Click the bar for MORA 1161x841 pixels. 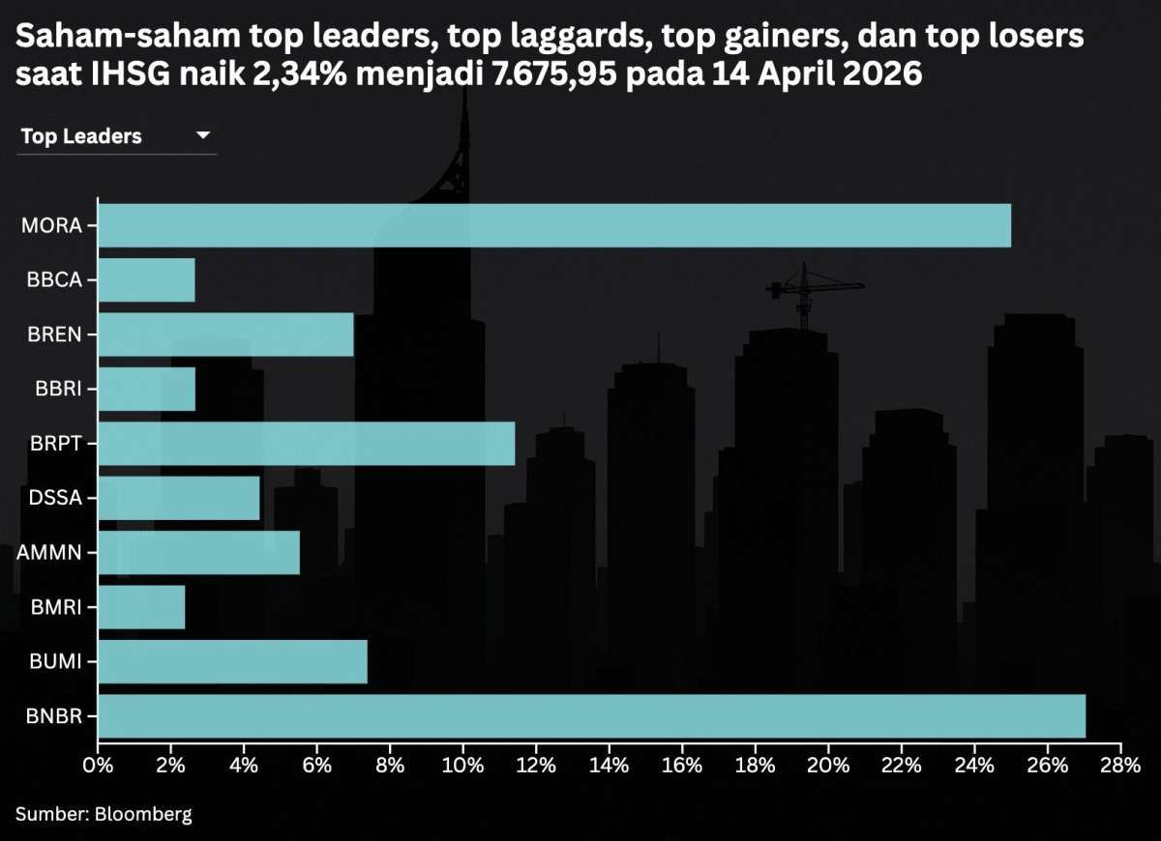coord(554,226)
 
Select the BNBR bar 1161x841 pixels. coord(591,716)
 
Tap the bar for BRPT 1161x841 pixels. coord(306,444)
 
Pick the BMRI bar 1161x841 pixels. coord(141,607)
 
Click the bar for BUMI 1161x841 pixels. coord(232,662)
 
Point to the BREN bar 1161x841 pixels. coord(225,335)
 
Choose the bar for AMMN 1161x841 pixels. coord(198,553)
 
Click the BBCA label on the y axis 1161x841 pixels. coord(55,281)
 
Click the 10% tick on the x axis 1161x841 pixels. coord(462,767)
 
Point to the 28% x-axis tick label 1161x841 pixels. coord(1119,767)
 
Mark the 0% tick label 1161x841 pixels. coord(98,767)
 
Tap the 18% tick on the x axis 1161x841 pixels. coord(755,767)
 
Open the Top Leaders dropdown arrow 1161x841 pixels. coord(203,136)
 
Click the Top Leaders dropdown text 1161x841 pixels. coord(81,136)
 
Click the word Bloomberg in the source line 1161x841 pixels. coord(143,814)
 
